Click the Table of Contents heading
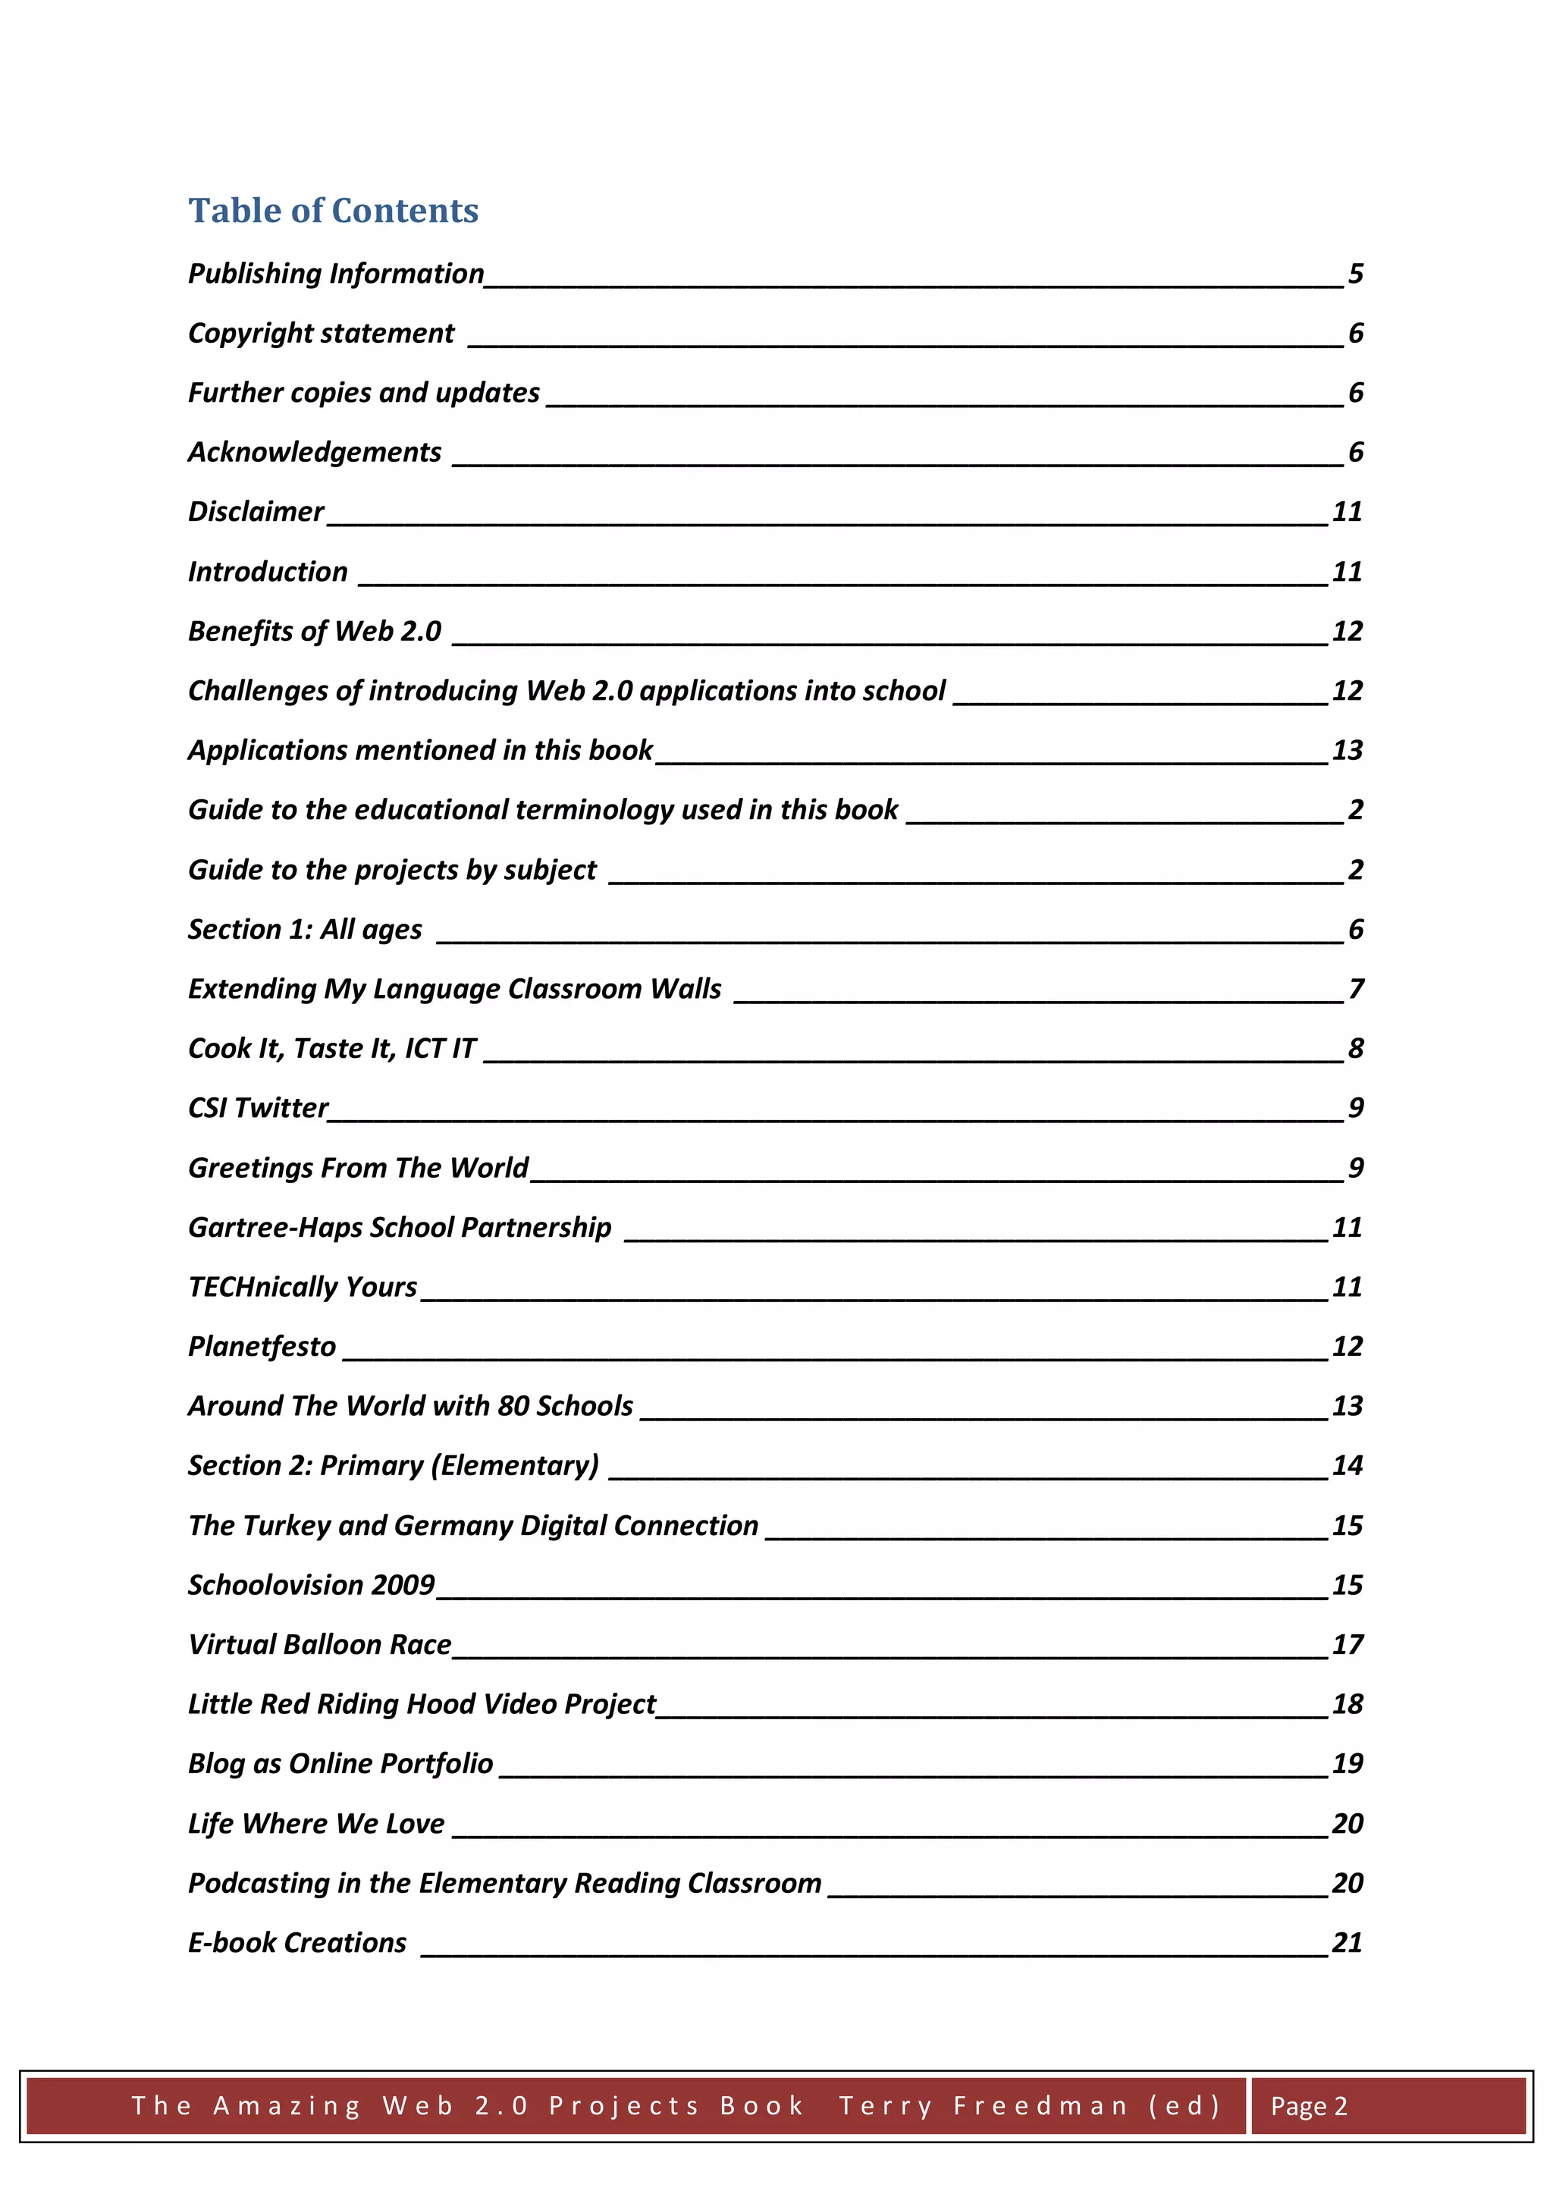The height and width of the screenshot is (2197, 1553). coord(333,211)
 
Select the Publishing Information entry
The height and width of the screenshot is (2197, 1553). coord(336,274)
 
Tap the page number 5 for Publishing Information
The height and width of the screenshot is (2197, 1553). coord(1355,274)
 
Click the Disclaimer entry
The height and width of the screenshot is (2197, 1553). coord(256,512)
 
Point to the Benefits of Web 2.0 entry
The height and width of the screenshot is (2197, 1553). coord(314,632)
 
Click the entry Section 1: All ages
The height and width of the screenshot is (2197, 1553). coord(304,929)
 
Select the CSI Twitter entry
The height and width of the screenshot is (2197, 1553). coord(259,1108)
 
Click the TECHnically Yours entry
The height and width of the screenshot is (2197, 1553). coord(303,1287)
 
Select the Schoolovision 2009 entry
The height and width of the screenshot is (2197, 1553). coord(311,1586)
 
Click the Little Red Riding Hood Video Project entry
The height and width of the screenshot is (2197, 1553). coord(421,1704)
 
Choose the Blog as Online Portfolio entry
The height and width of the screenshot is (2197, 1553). coord(340,1763)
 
